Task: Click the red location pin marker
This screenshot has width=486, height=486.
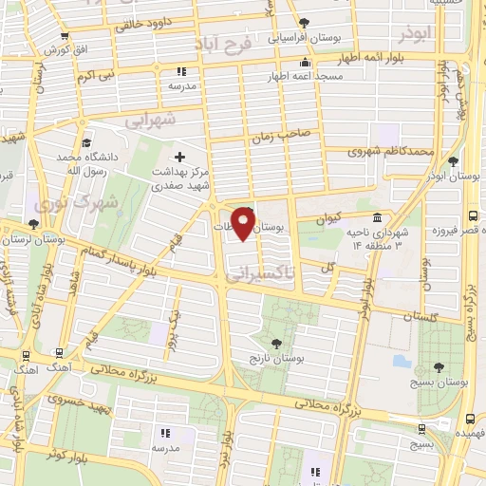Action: click(x=244, y=224)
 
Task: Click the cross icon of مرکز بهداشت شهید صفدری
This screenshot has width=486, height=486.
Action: click(x=180, y=155)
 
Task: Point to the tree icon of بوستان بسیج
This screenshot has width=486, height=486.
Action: click(x=438, y=368)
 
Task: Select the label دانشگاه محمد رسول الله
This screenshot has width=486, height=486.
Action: click(x=88, y=162)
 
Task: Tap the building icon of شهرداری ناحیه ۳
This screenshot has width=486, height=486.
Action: click(x=378, y=218)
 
